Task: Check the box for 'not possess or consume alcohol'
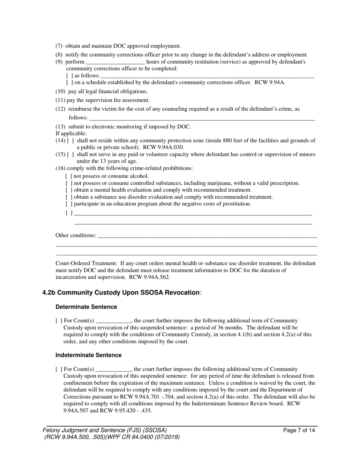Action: [69, 176]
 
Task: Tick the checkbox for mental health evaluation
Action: [69, 190]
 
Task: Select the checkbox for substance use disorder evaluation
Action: [69, 197]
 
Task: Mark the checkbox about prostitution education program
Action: [69, 204]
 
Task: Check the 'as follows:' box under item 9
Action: [69, 76]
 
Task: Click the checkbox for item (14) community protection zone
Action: [71, 141]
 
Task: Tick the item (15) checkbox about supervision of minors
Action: [71, 155]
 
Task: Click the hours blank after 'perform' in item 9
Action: [115, 62]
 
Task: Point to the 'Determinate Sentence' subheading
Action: [86, 307]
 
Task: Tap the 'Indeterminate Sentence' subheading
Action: [88, 355]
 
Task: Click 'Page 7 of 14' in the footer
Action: [299, 430]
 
